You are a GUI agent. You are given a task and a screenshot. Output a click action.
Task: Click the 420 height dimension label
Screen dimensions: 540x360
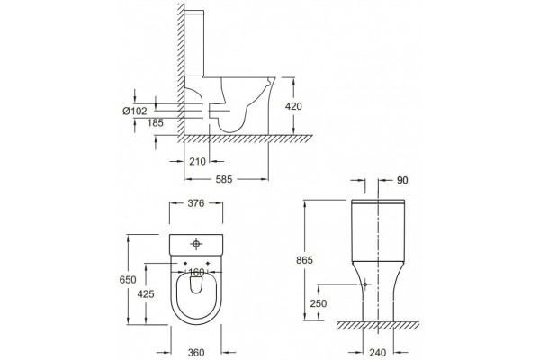point(293,106)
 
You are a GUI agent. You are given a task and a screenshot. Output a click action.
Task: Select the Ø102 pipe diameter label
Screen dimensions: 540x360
point(135,111)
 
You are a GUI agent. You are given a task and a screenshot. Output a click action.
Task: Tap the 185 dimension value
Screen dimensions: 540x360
point(156,123)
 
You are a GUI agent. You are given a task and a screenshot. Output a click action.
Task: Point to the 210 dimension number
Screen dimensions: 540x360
point(197,161)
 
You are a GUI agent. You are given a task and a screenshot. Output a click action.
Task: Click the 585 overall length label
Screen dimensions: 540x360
point(224,179)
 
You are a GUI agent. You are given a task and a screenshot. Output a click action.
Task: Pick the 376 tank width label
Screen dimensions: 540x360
point(196,203)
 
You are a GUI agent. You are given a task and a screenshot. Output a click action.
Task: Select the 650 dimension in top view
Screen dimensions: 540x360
point(128,279)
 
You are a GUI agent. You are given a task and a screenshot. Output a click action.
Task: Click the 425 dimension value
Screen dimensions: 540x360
point(146,294)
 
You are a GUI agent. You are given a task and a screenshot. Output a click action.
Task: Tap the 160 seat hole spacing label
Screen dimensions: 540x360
point(196,272)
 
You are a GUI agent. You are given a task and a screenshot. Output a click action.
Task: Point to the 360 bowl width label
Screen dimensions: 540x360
point(196,353)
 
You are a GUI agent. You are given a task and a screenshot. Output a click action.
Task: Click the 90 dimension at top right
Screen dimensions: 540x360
point(402,180)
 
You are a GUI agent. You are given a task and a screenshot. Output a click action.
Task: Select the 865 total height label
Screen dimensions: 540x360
point(304,260)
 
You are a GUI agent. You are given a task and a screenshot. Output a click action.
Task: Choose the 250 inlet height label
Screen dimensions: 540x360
point(319,303)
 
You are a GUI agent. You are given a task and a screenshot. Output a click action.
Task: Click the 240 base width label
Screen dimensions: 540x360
point(378,353)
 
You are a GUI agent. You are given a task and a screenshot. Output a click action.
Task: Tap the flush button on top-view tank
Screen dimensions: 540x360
point(196,244)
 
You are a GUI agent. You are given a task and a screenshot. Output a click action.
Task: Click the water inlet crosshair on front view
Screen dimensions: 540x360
point(365,284)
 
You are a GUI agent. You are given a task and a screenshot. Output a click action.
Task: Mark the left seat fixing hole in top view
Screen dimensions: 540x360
point(185,263)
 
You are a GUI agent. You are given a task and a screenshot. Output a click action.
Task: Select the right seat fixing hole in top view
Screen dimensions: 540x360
point(208,263)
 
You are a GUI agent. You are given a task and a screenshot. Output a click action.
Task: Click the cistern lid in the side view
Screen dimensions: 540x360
point(194,12)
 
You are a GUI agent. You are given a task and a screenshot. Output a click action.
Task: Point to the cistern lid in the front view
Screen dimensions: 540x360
point(378,202)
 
